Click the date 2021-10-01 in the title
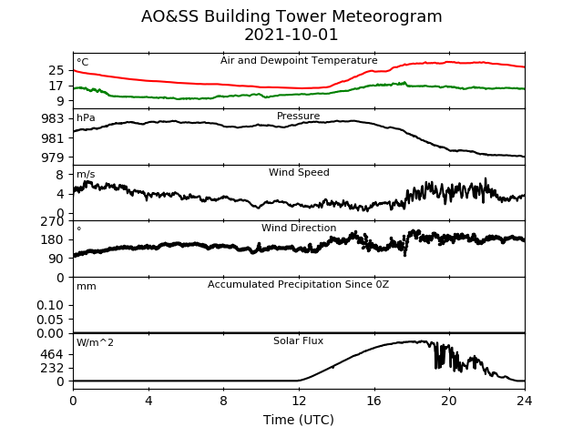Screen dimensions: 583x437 (291, 35)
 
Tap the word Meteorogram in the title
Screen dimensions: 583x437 (386, 17)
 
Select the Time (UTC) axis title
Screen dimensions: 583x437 (299, 420)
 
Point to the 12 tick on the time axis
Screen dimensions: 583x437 (299, 401)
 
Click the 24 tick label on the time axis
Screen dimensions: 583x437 (525, 401)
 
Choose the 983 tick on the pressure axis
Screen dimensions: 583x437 (53, 119)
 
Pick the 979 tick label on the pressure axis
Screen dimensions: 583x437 (53, 158)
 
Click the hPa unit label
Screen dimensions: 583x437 (86, 117)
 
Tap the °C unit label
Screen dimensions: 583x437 (83, 62)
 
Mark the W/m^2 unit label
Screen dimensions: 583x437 (95, 342)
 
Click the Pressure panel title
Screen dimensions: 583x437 (298, 116)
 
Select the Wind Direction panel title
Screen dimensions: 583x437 (299, 228)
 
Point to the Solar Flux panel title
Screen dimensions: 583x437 (298, 340)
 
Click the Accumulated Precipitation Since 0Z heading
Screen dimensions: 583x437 (298, 285)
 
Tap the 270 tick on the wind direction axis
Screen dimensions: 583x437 (53, 221)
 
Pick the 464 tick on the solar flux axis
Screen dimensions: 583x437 (53, 354)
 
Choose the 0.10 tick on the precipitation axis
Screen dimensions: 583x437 (50, 306)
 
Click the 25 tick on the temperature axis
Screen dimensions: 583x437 (56, 70)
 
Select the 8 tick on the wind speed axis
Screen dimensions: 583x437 (60, 175)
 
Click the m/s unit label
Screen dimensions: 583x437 (86, 174)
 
